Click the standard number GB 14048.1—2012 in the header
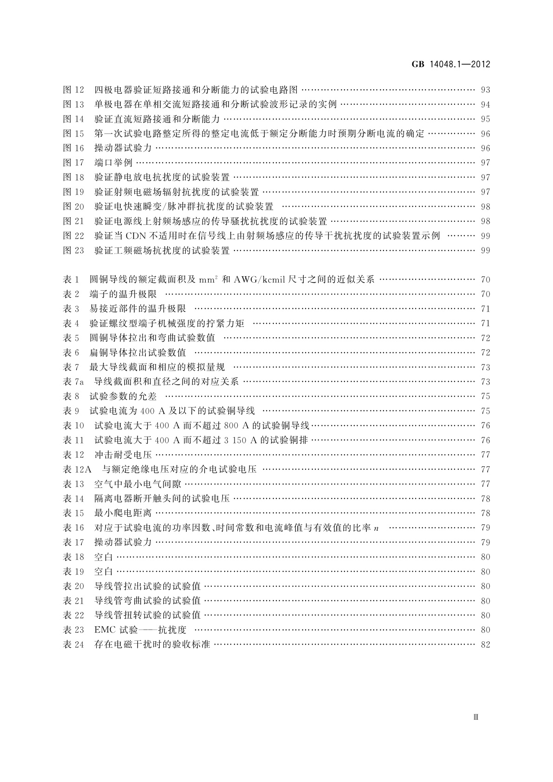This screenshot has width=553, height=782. pyautogui.click(x=451, y=65)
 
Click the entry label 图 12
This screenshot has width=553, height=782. pyautogui.click(x=74, y=90)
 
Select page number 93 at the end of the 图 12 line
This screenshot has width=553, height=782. pyautogui.click(x=485, y=90)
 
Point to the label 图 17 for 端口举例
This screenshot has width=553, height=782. pyautogui.click(x=74, y=163)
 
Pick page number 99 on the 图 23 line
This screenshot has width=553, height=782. pyautogui.click(x=485, y=251)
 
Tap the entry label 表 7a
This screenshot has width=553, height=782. pyautogui.click(x=73, y=382)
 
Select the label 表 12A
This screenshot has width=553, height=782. pyautogui.click(x=77, y=469)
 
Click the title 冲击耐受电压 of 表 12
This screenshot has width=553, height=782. pyautogui.click(x=123, y=455)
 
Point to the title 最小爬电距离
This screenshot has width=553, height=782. pyautogui.click(x=123, y=513)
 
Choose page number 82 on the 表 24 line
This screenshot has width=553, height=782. pyautogui.click(x=485, y=645)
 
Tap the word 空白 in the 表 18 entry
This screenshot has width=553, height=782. pyautogui.click(x=104, y=557)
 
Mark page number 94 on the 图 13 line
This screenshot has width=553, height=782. pyautogui.click(x=485, y=104)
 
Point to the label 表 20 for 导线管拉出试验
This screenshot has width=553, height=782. pyautogui.click(x=74, y=586)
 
